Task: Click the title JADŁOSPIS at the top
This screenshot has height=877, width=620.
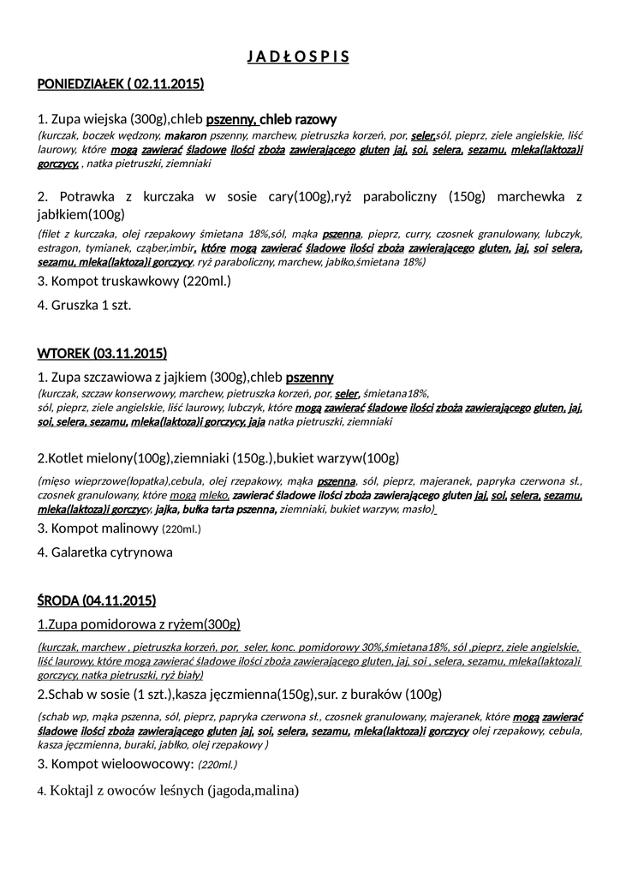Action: point(298,57)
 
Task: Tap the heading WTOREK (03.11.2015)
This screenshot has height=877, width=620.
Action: point(102,353)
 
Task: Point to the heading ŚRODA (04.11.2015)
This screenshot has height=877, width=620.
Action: point(97,600)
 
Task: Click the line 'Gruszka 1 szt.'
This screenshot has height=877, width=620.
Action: point(84,304)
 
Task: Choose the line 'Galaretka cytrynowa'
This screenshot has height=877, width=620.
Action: point(104,552)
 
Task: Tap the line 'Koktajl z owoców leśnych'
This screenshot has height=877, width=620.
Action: point(168,790)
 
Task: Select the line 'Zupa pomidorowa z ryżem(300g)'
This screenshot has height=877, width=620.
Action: point(139,623)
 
